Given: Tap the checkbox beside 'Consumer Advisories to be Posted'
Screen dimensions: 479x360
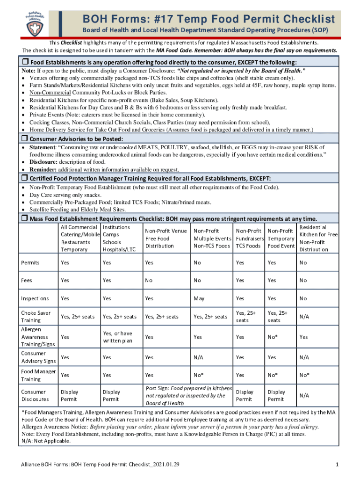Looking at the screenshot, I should tap(25, 139).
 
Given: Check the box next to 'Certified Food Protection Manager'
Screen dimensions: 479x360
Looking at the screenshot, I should tap(25, 178).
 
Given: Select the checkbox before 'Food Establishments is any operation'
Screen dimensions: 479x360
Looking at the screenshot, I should tap(25, 62).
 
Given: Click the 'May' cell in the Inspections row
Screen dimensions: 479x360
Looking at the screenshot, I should tap(199, 298).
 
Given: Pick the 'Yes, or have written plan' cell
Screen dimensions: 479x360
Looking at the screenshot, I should tap(117, 337).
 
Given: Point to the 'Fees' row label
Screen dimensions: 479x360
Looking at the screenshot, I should tap(27, 280).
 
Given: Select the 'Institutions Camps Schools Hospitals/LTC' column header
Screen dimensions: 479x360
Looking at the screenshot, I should tap(119, 238).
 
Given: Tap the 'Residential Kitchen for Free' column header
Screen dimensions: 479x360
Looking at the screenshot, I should tap(318, 238).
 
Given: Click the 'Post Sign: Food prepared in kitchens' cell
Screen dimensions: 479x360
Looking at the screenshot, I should tap(188, 396).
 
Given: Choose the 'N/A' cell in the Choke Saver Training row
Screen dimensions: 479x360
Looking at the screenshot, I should tap(304, 317).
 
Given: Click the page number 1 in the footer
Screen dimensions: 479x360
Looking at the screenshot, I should tap(337, 464).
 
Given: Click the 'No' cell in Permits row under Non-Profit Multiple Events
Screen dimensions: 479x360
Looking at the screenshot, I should tap(197, 263).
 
